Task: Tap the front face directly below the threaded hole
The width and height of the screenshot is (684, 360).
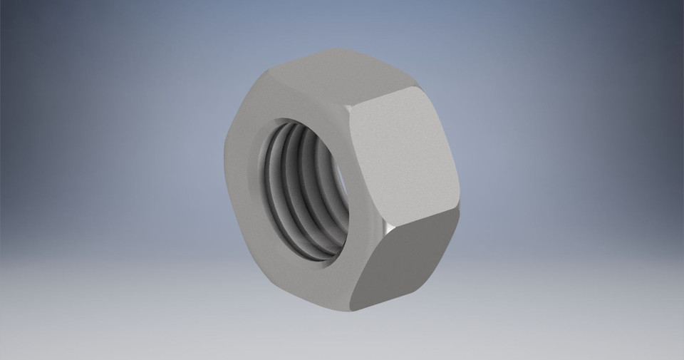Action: click(x=313, y=282)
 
